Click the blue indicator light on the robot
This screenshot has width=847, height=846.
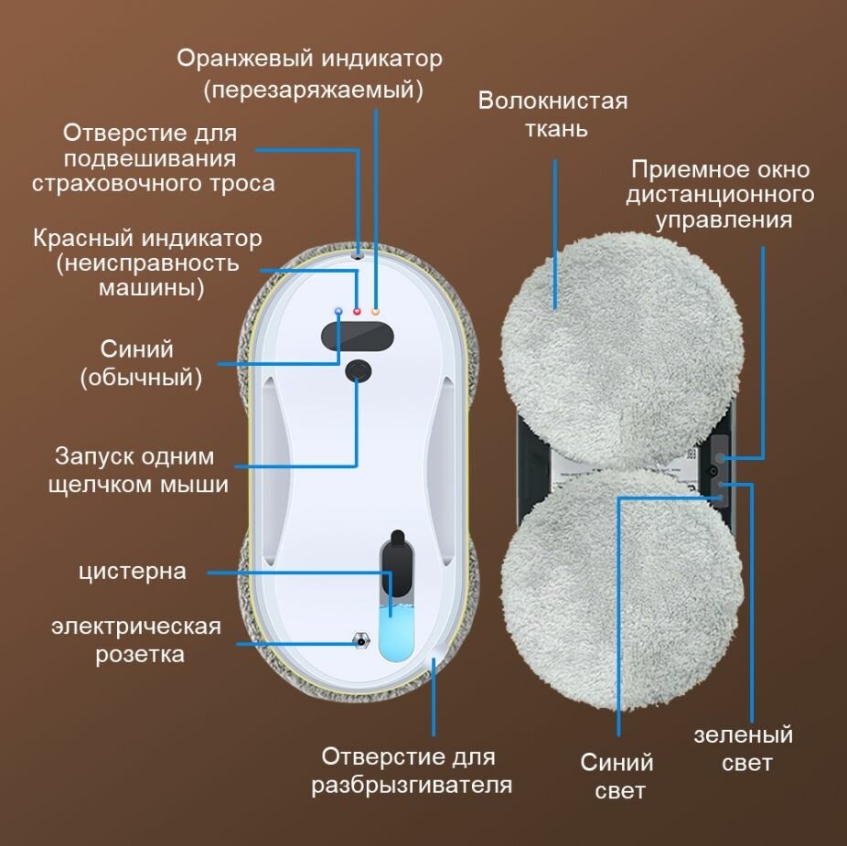pos(339,312)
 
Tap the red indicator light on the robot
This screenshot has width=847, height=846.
pos(357,313)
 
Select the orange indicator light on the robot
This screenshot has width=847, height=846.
pos(375,313)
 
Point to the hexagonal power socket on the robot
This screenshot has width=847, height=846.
pos(359,639)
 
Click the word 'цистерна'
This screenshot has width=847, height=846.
pos(133,572)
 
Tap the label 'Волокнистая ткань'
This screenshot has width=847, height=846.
pos(552,113)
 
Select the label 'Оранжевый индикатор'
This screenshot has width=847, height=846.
pos(309,59)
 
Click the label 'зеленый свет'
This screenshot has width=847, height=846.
pos(743,748)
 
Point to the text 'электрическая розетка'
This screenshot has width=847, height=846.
pos(136,640)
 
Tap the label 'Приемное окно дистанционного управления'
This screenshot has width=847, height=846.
pos(721,195)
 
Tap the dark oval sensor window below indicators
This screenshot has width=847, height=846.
pos(358,336)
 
